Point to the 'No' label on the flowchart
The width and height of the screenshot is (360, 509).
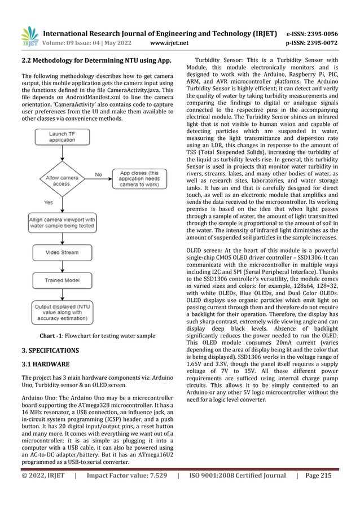(98, 174)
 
